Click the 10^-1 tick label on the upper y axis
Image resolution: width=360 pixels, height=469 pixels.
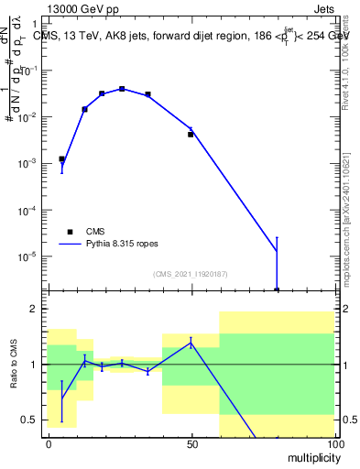pos(30,71)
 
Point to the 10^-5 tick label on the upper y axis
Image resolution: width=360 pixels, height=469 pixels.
pos(30,256)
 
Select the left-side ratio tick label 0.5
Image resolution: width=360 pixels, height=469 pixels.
pos(33,420)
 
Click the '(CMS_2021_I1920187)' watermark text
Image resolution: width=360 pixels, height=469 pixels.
pos(190,274)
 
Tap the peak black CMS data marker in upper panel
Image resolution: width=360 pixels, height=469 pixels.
pos(122,89)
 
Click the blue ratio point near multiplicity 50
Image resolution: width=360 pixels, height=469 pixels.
pos(191,343)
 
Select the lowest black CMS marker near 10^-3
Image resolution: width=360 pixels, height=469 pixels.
pos(61,158)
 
